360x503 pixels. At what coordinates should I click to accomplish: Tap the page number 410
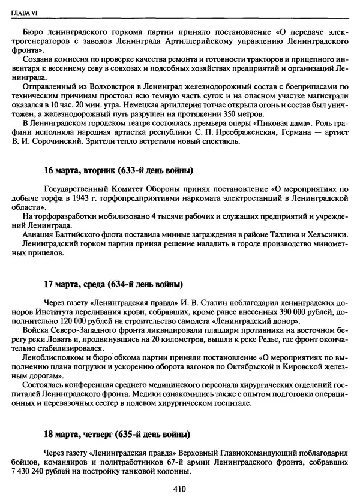point(180,489)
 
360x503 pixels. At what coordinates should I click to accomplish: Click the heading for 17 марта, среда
point(113,283)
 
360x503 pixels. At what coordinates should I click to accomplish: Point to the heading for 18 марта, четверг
point(118,435)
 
